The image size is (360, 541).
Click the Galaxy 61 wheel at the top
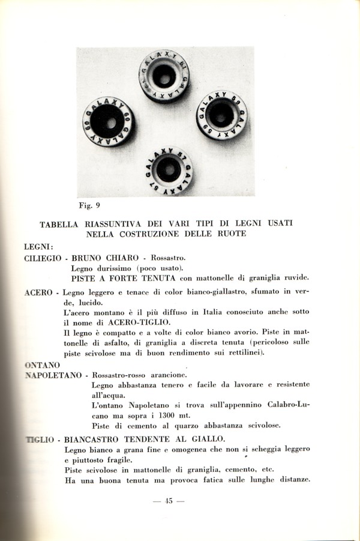click(x=164, y=76)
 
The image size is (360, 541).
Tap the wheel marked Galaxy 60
click(x=109, y=121)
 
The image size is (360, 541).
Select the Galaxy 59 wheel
click(x=221, y=115)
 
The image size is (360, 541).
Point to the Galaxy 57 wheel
click(x=169, y=170)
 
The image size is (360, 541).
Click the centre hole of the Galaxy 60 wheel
click(x=110, y=122)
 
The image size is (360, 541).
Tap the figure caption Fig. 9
click(x=89, y=205)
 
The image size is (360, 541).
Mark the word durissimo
click(x=116, y=268)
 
